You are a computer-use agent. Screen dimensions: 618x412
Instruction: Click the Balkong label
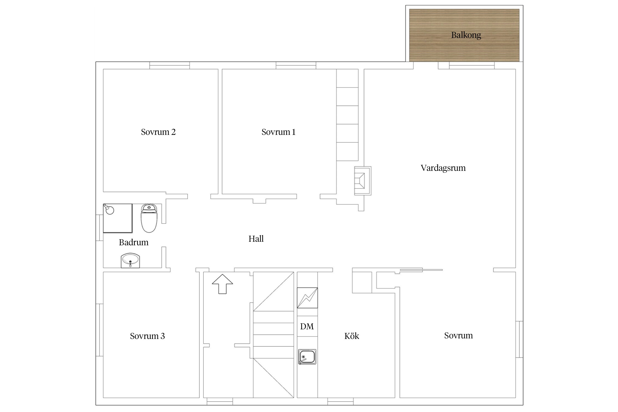pyautogui.click(x=466, y=35)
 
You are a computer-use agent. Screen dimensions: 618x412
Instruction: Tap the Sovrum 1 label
pyautogui.click(x=278, y=132)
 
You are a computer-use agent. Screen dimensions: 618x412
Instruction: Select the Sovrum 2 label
pyautogui.click(x=158, y=132)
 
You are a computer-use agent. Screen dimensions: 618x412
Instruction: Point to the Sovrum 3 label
pyautogui.click(x=147, y=336)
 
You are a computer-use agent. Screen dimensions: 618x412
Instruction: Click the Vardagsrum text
pyautogui.click(x=443, y=168)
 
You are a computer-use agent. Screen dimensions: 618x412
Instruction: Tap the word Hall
pyautogui.click(x=256, y=239)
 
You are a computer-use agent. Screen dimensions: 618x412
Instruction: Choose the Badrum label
pyautogui.click(x=133, y=242)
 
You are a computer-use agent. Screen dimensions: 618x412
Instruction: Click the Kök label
pyautogui.click(x=352, y=336)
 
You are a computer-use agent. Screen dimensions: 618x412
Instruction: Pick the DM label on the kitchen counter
pyautogui.click(x=307, y=326)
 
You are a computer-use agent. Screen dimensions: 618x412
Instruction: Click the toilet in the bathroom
pyautogui.click(x=149, y=218)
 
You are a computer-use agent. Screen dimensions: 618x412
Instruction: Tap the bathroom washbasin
pyautogui.click(x=130, y=260)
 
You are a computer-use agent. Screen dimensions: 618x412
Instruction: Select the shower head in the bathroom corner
pyautogui.click(x=109, y=209)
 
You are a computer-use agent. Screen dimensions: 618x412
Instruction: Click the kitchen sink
pyautogui.click(x=307, y=357)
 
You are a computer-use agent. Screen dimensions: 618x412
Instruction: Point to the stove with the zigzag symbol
pyautogui.click(x=307, y=298)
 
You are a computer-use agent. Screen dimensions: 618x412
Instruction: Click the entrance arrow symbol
pyautogui.click(x=222, y=284)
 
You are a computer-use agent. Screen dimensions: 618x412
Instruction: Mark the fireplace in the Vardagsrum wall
pyautogui.click(x=363, y=181)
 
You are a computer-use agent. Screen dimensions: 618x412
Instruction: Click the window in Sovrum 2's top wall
pyautogui.click(x=169, y=65)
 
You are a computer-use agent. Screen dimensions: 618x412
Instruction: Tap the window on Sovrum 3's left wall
pyautogui.click(x=99, y=330)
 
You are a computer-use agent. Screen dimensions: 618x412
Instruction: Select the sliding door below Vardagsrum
pyautogui.click(x=421, y=270)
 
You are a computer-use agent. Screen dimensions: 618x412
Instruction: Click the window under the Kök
pyautogui.click(x=340, y=401)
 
